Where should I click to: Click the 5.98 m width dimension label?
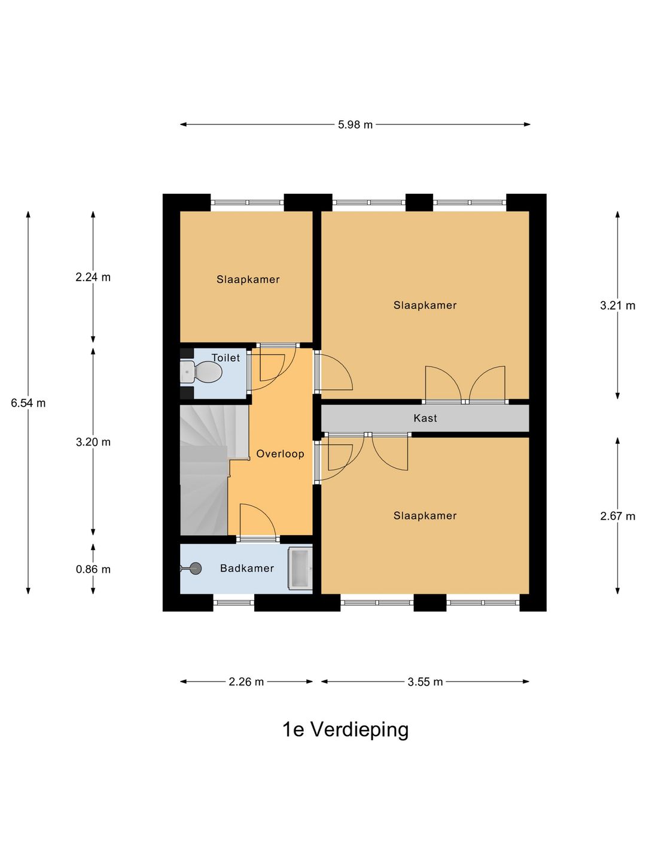coord(355,125)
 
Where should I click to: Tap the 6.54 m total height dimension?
coord(28,403)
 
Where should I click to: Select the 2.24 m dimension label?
coord(93,277)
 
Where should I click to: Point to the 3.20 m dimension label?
coord(93,442)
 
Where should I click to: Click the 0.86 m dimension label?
coord(93,569)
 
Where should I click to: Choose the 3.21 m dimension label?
coord(617,306)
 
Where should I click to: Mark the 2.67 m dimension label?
coord(617,516)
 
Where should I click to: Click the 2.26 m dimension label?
coord(246,682)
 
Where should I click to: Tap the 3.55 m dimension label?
coord(425,682)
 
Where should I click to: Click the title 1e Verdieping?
coord(345,729)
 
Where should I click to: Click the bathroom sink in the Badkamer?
coord(300,568)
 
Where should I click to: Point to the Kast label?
coord(425,419)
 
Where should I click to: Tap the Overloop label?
coord(280,454)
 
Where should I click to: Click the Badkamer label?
coord(246,569)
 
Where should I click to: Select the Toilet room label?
coord(226,358)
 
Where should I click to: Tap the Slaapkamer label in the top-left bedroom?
coord(248,279)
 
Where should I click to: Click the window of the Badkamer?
coord(233,602)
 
